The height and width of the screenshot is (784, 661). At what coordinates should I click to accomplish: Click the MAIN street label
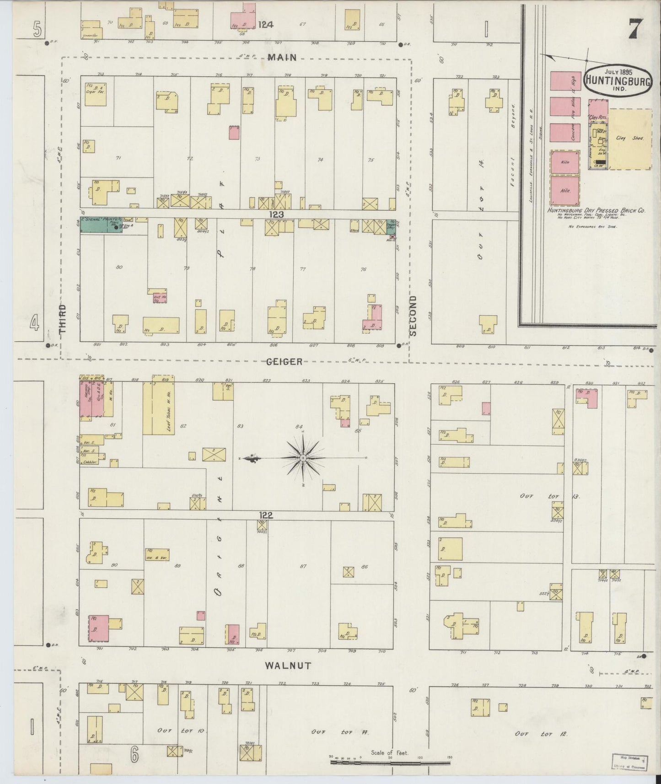tap(282, 57)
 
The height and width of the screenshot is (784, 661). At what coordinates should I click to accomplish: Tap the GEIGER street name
tap(285, 362)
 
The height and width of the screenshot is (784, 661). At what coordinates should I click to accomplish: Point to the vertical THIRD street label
tap(63, 319)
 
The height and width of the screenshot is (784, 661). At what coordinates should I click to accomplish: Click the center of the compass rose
tap(303, 457)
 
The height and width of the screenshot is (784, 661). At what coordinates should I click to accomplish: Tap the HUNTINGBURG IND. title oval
tap(618, 81)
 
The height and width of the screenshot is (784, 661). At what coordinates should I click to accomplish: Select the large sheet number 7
tap(636, 29)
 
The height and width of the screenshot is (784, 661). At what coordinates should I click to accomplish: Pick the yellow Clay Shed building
tap(630, 139)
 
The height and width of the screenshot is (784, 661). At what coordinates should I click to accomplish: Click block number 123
tap(276, 214)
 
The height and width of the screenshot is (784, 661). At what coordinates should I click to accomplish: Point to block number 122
tap(266, 515)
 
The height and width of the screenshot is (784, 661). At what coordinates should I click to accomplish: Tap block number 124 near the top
tap(265, 25)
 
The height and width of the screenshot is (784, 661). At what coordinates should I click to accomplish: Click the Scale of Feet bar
tap(390, 763)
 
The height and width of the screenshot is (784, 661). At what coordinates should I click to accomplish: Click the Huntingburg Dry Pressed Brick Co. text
tap(597, 211)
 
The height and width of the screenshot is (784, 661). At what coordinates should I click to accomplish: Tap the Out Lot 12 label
tap(541, 734)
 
